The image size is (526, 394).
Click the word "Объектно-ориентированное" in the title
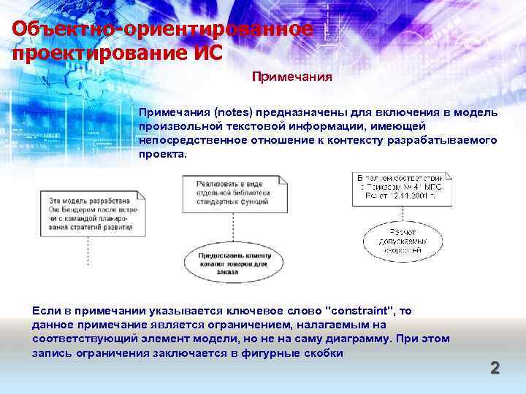162,30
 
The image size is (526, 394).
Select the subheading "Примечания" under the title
292,76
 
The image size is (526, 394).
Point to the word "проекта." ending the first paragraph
163,155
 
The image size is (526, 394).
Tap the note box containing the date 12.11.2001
402,186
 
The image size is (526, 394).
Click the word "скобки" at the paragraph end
321,352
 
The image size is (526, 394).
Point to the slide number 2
495,368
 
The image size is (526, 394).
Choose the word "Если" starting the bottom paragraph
45,311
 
